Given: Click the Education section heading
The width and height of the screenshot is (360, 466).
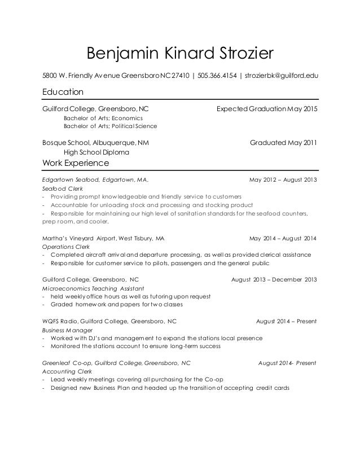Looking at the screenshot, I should click(63, 91).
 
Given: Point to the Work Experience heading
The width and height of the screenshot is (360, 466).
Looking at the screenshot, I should click(76, 163).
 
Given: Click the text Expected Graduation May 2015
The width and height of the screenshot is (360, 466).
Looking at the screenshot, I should click(267, 108).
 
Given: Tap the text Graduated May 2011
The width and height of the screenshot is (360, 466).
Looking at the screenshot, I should click(283, 142).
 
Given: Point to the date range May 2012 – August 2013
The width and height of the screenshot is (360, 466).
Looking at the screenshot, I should click(283, 180).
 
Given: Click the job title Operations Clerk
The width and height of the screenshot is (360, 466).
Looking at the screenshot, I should click(67, 247).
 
